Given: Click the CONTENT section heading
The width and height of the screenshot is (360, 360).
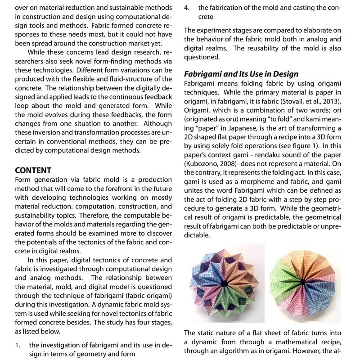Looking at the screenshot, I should point(33,171).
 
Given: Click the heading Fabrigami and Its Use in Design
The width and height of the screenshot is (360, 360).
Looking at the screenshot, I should point(241,74).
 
